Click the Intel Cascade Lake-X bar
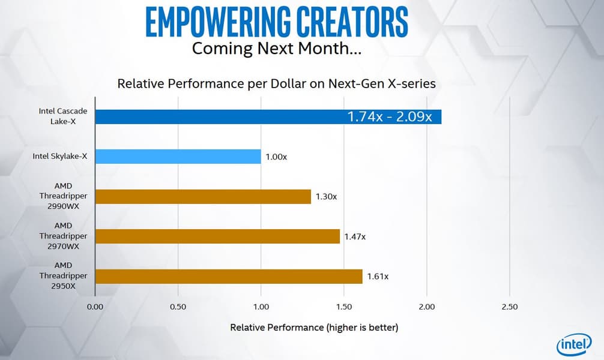[x=216, y=117]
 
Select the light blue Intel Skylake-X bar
[x=178, y=157]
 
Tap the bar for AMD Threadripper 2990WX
[x=203, y=197]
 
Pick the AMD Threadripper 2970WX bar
[x=217, y=236]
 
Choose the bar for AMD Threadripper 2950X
[x=229, y=276]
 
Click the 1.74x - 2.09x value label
[x=389, y=117]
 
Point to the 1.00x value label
[x=276, y=157]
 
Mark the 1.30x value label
[x=326, y=197]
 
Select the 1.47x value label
[x=355, y=236]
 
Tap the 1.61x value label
[x=378, y=277]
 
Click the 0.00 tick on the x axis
[x=95, y=307]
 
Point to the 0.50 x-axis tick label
[x=178, y=307]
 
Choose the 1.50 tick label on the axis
[x=344, y=307]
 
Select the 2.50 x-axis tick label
[x=509, y=307]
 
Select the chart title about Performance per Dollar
[x=276, y=83]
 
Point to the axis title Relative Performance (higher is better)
[x=314, y=328]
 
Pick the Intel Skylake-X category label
[x=60, y=157]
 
